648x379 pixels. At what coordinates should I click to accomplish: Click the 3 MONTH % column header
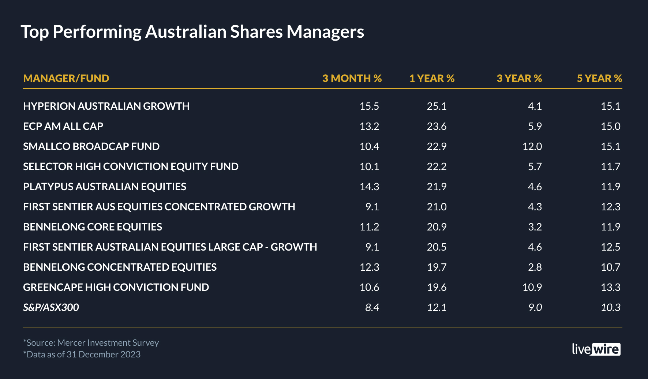tap(352, 78)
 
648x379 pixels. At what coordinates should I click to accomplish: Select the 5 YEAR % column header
tap(599, 78)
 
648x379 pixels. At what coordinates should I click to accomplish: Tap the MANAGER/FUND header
tap(66, 78)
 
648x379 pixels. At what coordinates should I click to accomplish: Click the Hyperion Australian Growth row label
tap(106, 106)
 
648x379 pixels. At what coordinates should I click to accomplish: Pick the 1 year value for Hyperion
tap(437, 106)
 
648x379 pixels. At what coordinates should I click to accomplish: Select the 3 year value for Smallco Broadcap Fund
tap(532, 146)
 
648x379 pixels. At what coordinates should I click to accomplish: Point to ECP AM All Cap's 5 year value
tap(610, 126)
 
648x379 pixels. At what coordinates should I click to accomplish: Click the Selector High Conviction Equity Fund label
tap(131, 166)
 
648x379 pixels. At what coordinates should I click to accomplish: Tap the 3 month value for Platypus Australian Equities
tap(369, 187)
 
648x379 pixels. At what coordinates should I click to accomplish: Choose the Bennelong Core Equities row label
tap(93, 227)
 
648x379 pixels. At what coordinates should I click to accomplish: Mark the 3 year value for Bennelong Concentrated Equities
tap(535, 267)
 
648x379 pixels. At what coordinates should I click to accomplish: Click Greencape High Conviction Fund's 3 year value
tap(532, 287)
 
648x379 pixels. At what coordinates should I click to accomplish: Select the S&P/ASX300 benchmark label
tap(51, 307)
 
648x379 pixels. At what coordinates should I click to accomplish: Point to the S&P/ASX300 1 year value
tap(437, 307)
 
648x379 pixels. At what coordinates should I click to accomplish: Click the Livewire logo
tap(596, 349)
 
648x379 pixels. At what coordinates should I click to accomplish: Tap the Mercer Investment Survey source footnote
tap(91, 343)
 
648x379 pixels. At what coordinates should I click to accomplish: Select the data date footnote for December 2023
tap(82, 354)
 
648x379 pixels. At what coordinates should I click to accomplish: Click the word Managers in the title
tap(325, 32)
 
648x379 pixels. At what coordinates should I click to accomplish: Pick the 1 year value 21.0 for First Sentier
tap(437, 207)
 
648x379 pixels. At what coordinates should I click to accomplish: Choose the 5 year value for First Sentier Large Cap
tap(610, 247)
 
